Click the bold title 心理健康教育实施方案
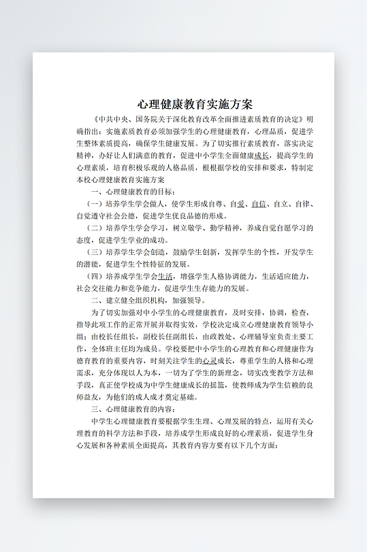tap(195, 105)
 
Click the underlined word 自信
tap(258, 204)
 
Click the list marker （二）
tap(95, 228)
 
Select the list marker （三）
tap(95, 252)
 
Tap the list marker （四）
tap(95, 277)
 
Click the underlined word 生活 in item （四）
tap(165, 277)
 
